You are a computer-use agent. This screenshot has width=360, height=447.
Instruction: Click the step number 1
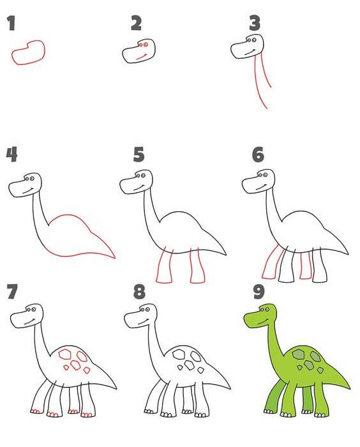pyautogui.click(x=11, y=24)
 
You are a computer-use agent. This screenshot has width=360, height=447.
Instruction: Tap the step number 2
pyautogui.click(x=136, y=23)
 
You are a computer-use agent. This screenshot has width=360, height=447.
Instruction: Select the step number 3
pyautogui.click(x=255, y=24)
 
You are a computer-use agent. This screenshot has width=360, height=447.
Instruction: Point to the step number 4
pyautogui.click(x=11, y=155)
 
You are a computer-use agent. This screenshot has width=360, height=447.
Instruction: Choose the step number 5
pyautogui.click(x=139, y=155)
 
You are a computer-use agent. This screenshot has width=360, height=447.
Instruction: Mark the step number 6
pyautogui.click(x=258, y=155)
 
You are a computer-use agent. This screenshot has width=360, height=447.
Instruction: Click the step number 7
pyautogui.click(x=13, y=291)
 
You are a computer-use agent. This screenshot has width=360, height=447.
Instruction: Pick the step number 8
pyautogui.click(x=139, y=291)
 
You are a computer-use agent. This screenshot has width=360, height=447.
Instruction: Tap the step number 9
pyautogui.click(x=259, y=291)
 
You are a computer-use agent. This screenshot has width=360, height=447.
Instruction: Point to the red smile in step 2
pyautogui.click(x=141, y=57)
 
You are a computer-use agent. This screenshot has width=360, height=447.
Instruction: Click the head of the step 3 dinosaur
pyautogui.click(x=247, y=47)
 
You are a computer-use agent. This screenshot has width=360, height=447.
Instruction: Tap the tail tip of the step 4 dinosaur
pyautogui.click(x=115, y=258)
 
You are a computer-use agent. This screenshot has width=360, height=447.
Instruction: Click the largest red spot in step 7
pyautogui.click(x=65, y=354)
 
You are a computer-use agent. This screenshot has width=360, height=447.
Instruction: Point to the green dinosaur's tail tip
pyautogui.click(x=349, y=388)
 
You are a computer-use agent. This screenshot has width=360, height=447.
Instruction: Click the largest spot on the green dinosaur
pyautogui.click(x=299, y=354)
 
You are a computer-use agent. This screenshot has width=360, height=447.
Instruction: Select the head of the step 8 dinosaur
pyautogui.click(x=140, y=315)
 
